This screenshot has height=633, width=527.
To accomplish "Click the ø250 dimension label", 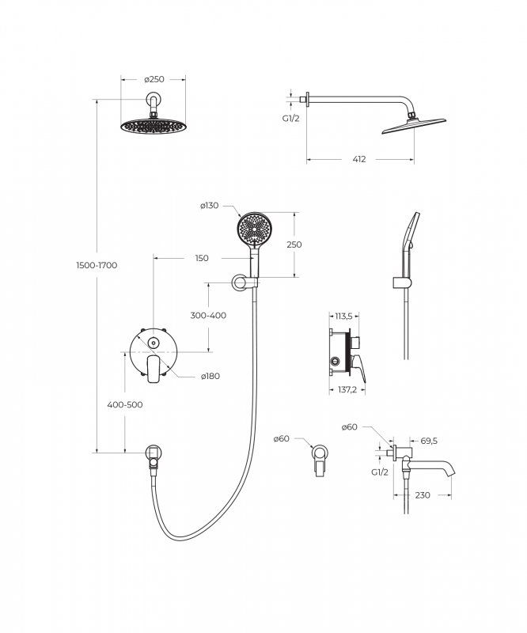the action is [154, 79].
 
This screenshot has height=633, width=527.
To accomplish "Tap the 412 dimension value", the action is [359, 159].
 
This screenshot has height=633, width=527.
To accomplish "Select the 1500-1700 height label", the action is [97, 265].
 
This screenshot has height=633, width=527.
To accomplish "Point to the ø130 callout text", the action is [209, 206].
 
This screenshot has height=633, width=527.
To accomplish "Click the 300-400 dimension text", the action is [208, 315].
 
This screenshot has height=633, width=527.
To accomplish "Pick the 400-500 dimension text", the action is [125, 404].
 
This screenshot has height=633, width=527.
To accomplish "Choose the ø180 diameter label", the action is [210, 377].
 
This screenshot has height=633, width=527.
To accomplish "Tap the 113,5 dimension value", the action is [343, 316].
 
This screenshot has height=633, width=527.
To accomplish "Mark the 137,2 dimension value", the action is [347, 390].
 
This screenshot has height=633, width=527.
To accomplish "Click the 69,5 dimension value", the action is [429, 441].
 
